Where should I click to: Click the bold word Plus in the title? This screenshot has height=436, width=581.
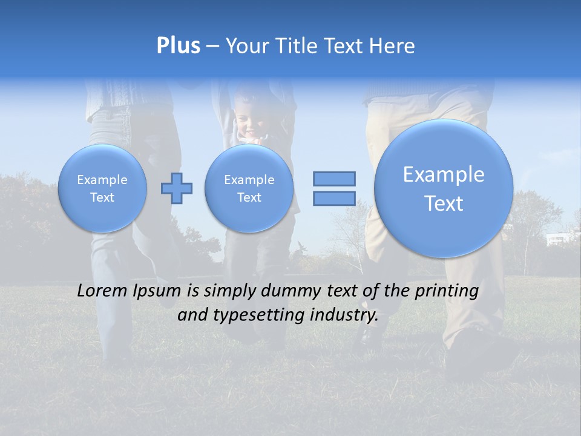point(178,46)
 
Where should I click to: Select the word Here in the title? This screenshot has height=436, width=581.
point(393,46)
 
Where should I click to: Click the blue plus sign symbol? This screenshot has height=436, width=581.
point(177,188)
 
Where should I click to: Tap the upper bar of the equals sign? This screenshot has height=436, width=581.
point(334,179)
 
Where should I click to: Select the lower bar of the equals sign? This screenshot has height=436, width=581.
point(334,199)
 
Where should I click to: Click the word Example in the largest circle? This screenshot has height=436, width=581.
point(444,174)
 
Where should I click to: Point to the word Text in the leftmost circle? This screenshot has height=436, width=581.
point(102,197)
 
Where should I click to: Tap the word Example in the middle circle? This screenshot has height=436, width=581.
point(249,180)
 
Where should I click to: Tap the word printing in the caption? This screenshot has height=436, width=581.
point(447,291)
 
